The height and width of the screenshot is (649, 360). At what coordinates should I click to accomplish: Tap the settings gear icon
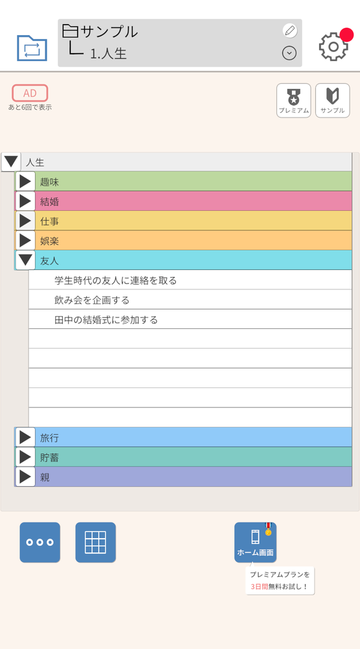(x=333, y=46)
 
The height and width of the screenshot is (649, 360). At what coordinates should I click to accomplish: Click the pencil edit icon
(x=290, y=31)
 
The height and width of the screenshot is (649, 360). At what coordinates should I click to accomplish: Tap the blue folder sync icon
(x=32, y=48)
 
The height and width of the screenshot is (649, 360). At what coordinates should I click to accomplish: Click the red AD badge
(x=30, y=93)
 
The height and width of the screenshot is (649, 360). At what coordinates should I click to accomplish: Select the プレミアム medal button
(x=293, y=101)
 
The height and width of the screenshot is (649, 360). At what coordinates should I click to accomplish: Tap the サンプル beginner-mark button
(x=333, y=101)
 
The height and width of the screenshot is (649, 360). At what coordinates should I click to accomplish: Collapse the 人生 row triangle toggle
(x=11, y=162)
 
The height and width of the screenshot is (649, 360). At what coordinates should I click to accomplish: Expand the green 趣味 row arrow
(x=25, y=181)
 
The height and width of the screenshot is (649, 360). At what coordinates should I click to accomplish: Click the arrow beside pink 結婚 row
(x=25, y=201)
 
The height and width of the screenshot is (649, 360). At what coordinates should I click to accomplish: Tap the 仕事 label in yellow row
(x=50, y=221)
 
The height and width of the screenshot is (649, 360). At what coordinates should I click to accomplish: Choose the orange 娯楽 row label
(x=50, y=241)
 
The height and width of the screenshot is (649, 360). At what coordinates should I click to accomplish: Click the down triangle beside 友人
(x=25, y=260)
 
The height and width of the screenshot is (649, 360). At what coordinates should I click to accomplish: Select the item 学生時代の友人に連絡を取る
(x=115, y=280)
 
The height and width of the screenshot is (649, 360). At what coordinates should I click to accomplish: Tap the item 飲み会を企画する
(x=92, y=300)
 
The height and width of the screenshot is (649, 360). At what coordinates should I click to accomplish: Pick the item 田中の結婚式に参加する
(x=106, y=319)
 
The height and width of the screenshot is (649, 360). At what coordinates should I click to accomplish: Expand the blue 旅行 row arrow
(x=25, y=437)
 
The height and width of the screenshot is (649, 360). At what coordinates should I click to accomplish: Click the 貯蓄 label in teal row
(x=50, y=458)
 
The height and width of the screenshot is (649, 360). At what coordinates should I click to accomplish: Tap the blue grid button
(x=95, y=542)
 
